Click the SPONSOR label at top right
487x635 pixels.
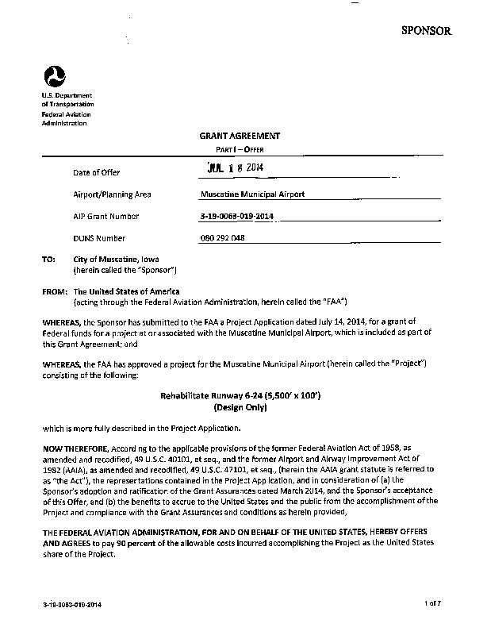pyautogui.click(x=426, y=31)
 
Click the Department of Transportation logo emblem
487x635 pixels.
pyautogui.click(x=54, y=78)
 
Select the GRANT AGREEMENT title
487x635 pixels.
pyautogui.click(x=240, y=137)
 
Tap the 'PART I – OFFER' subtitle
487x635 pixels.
pyautogui.click(x=240, y=149)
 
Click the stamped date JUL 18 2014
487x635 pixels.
pyautogui.click(x=234, y=167)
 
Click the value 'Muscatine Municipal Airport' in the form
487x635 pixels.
pyautogui.click(x=253, y=194)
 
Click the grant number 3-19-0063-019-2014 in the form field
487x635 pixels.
pyautogui.click(x=237, y=216)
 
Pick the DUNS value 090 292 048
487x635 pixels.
pyautogui.click(x=224, y=238)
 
